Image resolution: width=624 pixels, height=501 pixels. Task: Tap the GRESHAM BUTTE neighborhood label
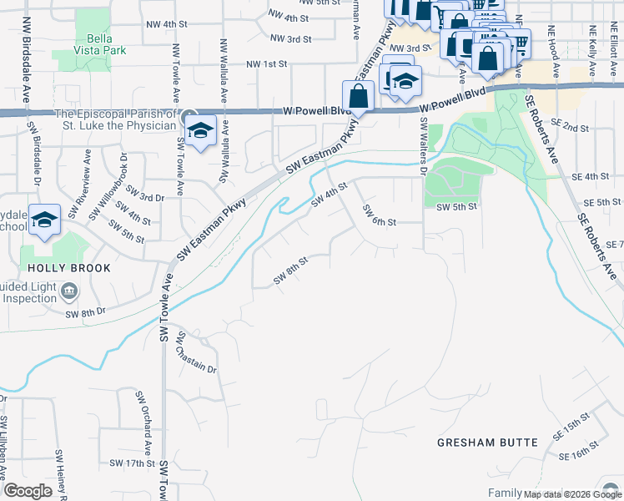click(x=487, y=442)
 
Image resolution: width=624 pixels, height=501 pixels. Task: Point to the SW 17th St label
click(x=132, y=463)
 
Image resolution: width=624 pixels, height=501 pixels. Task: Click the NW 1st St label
click(x=266, y=63)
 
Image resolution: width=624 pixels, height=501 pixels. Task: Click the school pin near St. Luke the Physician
click(x=201, y=130)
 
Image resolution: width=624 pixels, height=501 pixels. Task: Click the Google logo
click(x=28, y=491)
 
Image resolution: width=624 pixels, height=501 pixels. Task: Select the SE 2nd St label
click(x=575, y=128)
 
